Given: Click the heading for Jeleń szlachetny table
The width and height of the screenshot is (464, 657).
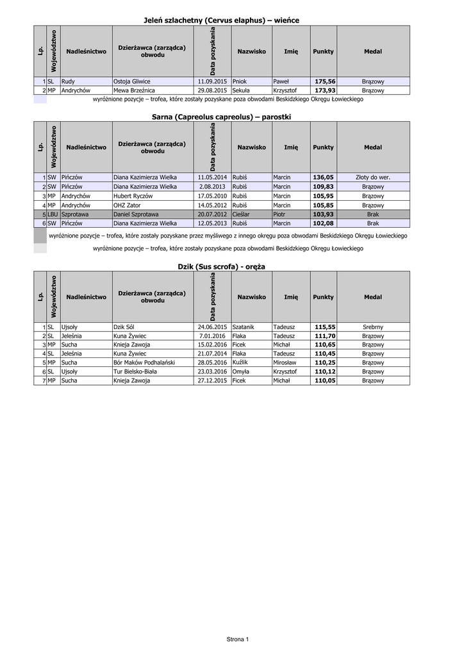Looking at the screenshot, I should [221, 21].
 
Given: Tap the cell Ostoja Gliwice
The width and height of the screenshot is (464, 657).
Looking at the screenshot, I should [131, 81].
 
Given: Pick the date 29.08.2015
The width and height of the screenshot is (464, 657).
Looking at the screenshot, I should [213, 90].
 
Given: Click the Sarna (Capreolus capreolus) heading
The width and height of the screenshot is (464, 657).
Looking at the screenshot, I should [221, 117].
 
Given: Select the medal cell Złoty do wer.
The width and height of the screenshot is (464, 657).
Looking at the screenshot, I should [373, 177].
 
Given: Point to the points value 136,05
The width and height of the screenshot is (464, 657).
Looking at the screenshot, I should [324, 177].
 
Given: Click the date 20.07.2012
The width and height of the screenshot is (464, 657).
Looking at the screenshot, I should [213, 214].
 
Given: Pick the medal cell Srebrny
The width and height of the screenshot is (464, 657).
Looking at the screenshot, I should [373, 327].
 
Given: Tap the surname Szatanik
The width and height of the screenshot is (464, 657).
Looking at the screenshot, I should [244, 327].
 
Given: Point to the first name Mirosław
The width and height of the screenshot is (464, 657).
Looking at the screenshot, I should [286, 362].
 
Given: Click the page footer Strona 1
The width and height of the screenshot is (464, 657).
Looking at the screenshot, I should [237, 639].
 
